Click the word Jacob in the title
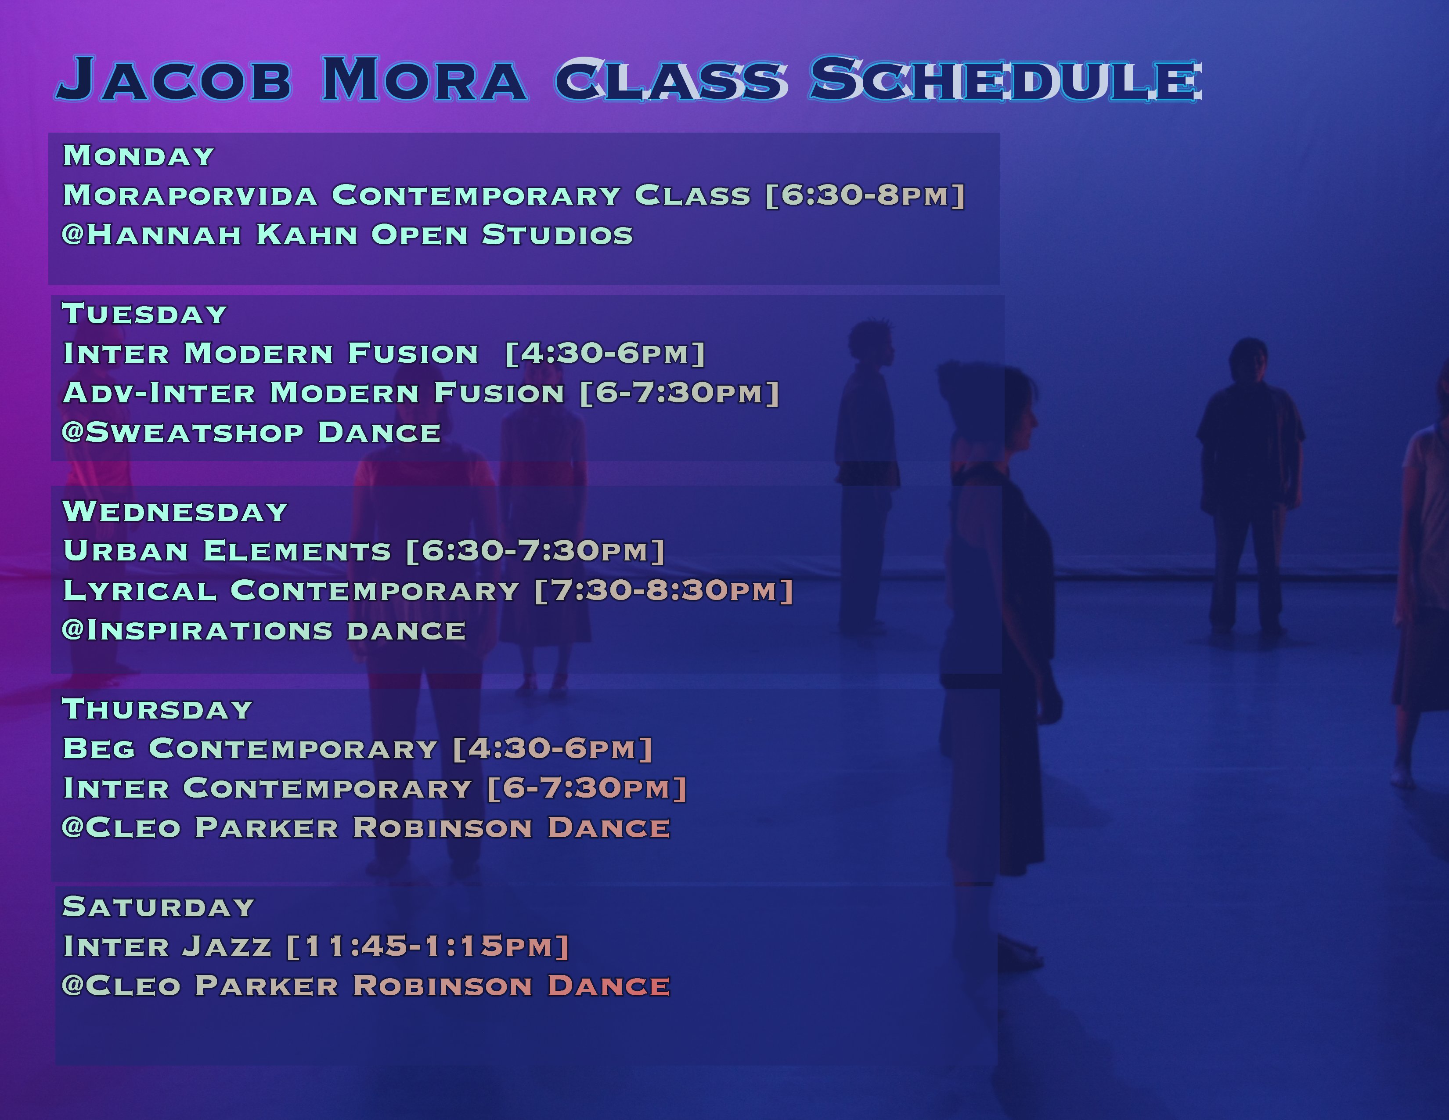tap(174, 80)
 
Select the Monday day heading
tap(139, 156)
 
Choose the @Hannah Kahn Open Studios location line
tap(347, 235)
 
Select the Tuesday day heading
tap(144, 314)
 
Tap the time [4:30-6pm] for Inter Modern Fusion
tap(605, 354)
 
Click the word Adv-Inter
tap(159, 393)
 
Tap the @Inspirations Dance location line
tap(263, 630)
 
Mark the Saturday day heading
tap(159, 907)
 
